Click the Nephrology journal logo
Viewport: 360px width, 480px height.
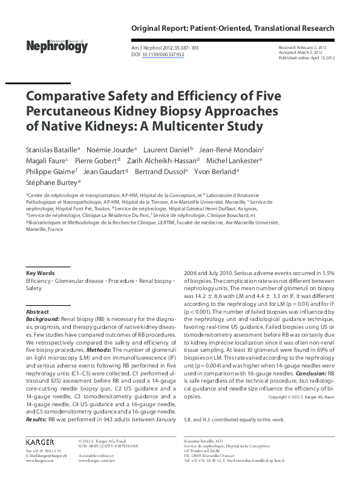[57, 45]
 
